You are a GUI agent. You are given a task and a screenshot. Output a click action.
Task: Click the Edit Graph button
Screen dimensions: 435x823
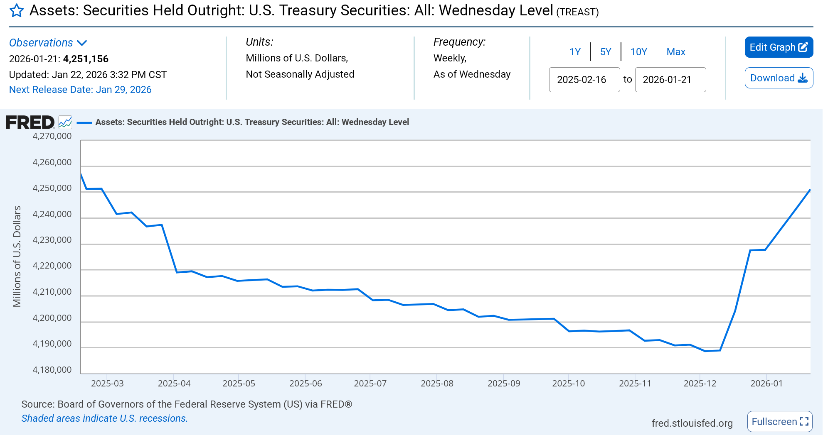pos(779,47)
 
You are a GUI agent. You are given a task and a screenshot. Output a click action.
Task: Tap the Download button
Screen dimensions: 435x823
pos(779,78)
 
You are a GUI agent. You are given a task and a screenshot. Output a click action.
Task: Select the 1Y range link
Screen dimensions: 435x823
pos(575,52)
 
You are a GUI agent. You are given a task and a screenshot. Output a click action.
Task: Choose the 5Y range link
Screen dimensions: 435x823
pos(606,52)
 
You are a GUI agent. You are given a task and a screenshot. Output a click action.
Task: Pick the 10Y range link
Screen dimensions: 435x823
pos(639,52)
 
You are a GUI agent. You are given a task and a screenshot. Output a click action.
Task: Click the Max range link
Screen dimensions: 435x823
pos(676,52)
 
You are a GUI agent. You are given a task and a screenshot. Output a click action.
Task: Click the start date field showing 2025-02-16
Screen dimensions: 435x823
pos(584,80)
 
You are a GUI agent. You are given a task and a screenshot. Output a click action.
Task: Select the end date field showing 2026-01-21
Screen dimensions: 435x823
pos(670,80)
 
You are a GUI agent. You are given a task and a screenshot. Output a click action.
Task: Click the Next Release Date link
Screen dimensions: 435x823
pos(80,90)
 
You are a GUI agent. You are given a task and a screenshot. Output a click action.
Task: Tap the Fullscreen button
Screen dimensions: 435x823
pos(779,422)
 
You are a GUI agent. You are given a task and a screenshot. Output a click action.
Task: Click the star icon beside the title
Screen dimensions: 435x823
pos(17,10)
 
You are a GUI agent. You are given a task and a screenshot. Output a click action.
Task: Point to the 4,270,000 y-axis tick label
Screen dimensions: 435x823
pos(52,136)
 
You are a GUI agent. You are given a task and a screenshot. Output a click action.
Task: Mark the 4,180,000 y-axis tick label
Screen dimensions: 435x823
pos(52,370)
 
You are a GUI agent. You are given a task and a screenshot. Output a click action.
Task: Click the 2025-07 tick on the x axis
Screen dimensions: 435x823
pos(370,384)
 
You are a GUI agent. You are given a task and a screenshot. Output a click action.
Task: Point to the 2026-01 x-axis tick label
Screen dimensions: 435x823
pos(766,384)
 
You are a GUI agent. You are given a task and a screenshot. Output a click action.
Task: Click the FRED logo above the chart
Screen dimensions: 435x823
pos(30,122)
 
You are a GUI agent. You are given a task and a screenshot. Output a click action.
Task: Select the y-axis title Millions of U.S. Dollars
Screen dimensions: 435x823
pos(17,256)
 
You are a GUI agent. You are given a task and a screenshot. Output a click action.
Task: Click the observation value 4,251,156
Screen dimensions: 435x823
pos(86,59)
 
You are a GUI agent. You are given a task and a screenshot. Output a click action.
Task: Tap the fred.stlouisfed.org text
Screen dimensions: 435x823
pos(692,423)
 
